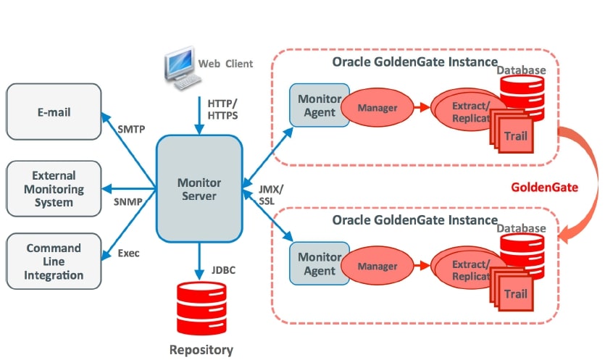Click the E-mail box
tap(54, 112)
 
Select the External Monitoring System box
tap(54, 188)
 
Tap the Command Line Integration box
tap(54, 261)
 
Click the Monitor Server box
tap(199, 190)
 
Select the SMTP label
tap(130, 130)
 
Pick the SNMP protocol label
tap(128, 201)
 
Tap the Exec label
tap(128, 254)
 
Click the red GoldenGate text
tap(544, 187)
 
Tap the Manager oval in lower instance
tap(377, 267)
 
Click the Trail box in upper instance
tap(515, 136)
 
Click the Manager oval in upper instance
tap(377, 109)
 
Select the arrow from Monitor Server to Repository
tap(199, 260)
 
